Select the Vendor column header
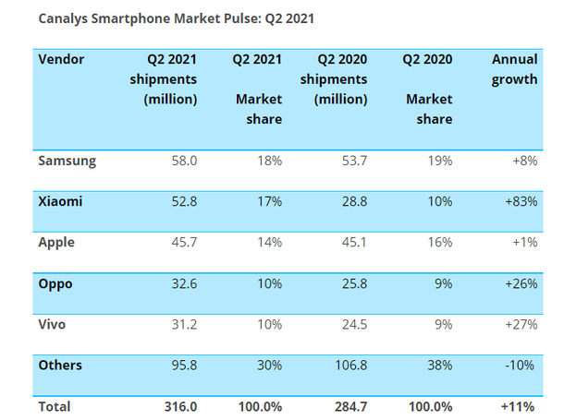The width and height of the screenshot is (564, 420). [x=61, y=59]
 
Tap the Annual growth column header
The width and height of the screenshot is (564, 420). [x=515, y=69]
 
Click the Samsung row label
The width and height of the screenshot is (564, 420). [x=67, y=161]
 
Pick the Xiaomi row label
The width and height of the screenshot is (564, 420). [x=59, y=201]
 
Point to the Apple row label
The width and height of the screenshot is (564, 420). [x=56, y=242]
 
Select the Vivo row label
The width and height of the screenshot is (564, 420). [x=53, y=324]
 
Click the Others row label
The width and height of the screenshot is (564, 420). [x=60, y=365]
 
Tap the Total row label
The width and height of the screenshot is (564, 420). [x=55, y=405]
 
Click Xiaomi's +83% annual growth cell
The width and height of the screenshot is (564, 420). [x=521, y=201]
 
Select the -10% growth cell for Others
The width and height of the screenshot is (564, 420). [x=522, y=365]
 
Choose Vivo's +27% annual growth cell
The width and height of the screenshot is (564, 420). [x=521, y=324]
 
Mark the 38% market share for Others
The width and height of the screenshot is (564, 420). [x=438, y=365]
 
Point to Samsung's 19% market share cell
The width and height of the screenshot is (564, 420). [x=438, y=161]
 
